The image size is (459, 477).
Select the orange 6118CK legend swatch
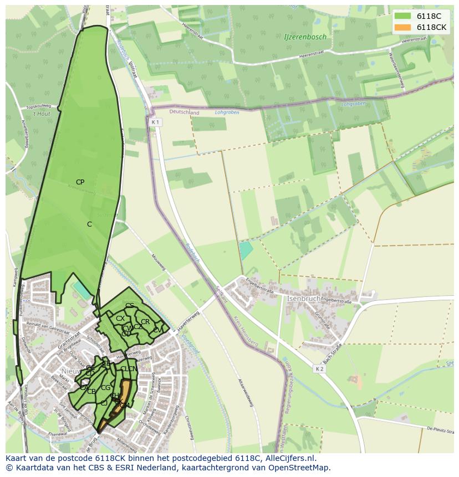403,28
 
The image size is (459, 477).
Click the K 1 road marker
155,122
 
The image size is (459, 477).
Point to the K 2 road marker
319,369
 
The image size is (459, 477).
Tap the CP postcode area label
80,182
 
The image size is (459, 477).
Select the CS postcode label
130,306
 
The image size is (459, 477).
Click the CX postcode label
120,319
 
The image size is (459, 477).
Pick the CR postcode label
145,322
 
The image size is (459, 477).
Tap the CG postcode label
105,388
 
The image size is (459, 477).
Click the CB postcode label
91,392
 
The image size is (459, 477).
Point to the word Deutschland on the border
184,112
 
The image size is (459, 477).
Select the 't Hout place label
41,114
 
